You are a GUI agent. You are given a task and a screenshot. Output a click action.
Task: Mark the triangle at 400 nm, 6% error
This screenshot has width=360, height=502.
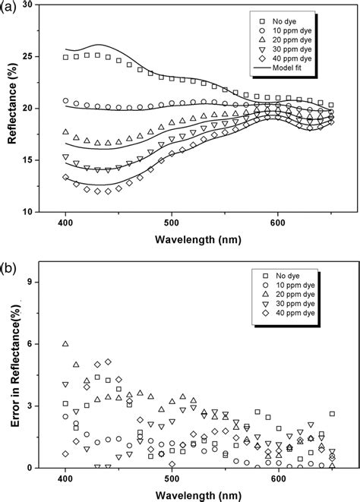click(x=65, y=344)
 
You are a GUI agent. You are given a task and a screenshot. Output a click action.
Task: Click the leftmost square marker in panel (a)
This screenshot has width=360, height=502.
click(x=65, y=57)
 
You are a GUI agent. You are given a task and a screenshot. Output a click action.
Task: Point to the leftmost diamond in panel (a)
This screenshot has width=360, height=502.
click(x=65, y=177)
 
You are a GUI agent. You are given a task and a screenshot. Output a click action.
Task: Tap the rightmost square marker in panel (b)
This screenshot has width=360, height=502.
click(x=332, y=414)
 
